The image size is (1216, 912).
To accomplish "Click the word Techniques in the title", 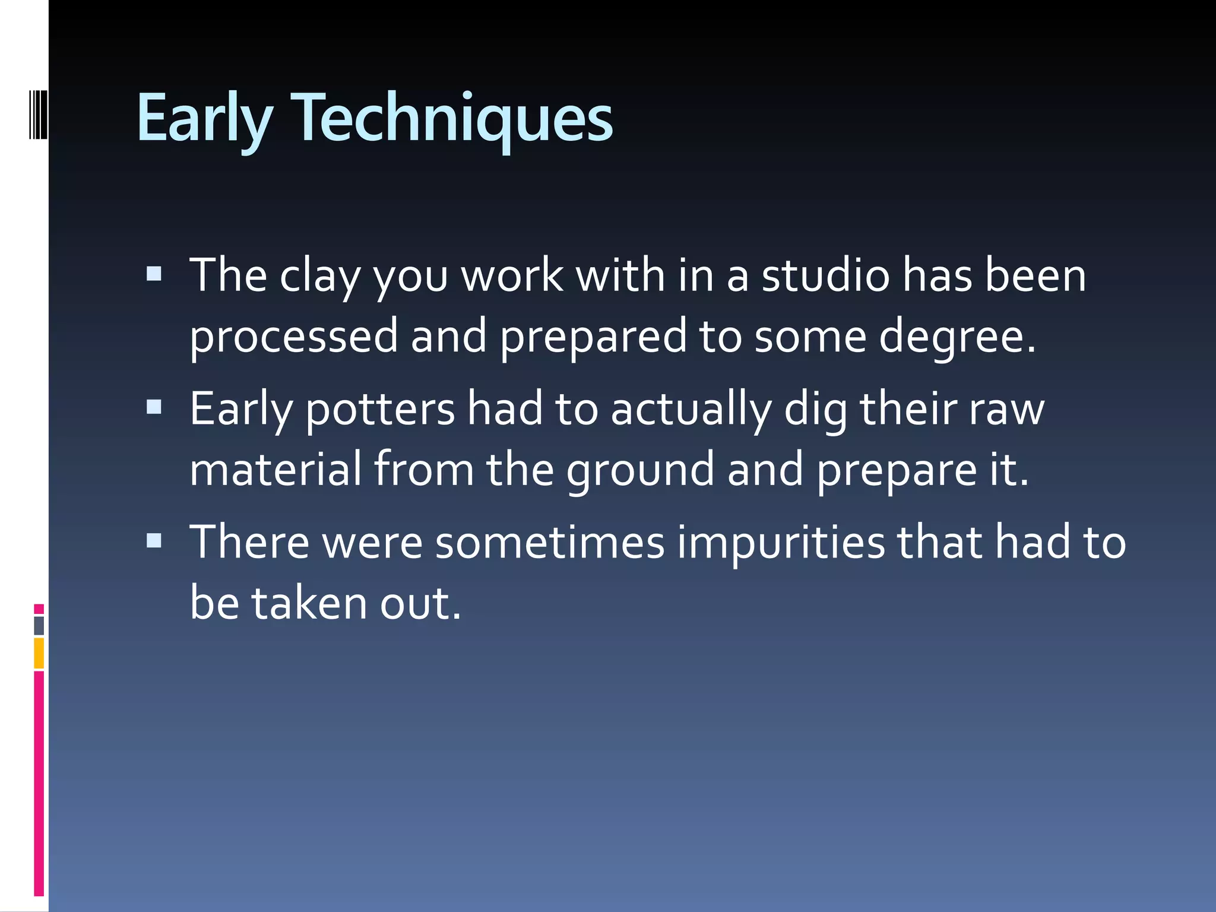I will click(454, 119).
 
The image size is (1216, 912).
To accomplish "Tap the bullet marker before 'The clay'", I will click(154, 274).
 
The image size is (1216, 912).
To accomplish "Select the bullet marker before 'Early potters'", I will click(154, 407).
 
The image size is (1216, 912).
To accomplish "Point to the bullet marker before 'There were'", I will click(154, 540).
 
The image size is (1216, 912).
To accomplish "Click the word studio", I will click(826, 276).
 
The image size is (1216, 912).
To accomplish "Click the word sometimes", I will click(550, 544).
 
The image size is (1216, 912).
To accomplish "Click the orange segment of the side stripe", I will click(39, 653).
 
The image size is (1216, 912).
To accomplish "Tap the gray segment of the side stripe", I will click(39, 626).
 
